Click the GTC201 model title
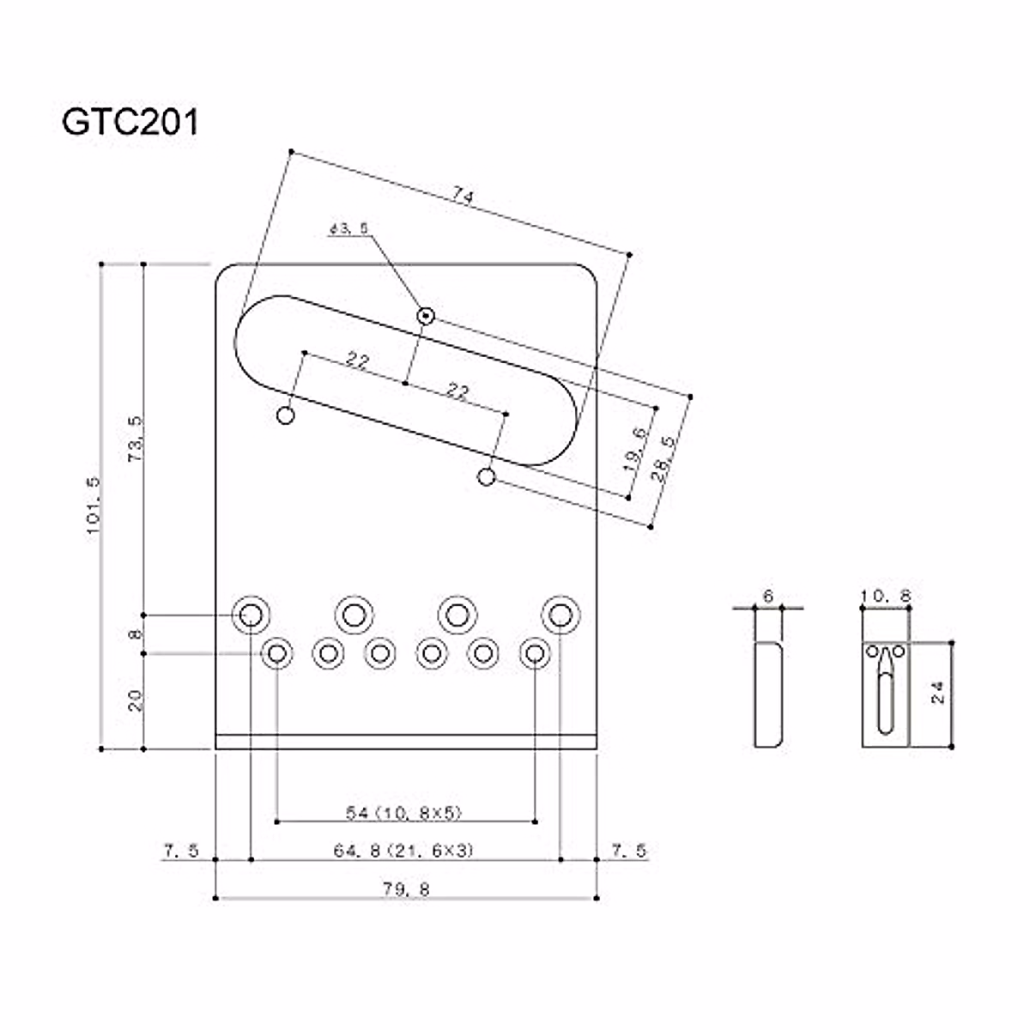[x=130, y=122]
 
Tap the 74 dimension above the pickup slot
[x=463, y=197]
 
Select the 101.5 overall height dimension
[x=94, y=506]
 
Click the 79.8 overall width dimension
[x=406, y=889]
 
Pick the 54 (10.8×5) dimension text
[x=405, y=813]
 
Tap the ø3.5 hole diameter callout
[x=348, y=229]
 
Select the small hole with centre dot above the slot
[x=425, y=316]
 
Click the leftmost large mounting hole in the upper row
[x=251, y=614]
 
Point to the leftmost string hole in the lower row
[x=276, y=654]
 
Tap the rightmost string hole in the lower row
[x=535, y=654]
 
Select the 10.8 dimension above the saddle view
[x=885, y=595]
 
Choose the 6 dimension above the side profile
[x=767, y=595]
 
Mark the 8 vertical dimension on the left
[x=134, y=634]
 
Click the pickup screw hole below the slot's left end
[x=287, y=416]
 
